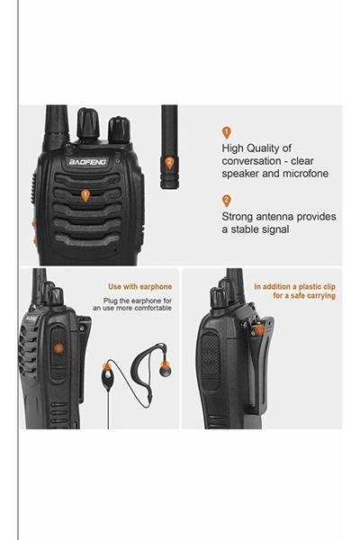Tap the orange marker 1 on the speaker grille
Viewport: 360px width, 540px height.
point(85,194)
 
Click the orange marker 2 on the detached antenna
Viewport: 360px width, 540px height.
point(169,162)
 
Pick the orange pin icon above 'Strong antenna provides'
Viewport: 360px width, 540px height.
point(226,200)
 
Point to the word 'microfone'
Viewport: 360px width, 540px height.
point(299,174)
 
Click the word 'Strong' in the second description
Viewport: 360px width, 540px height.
point(240,216)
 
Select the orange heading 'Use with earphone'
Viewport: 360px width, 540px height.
point(139,287)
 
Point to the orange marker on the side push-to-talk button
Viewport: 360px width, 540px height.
point(58,345)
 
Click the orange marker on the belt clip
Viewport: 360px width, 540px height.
point(259,331)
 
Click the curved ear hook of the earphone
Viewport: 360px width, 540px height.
point(155,353)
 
